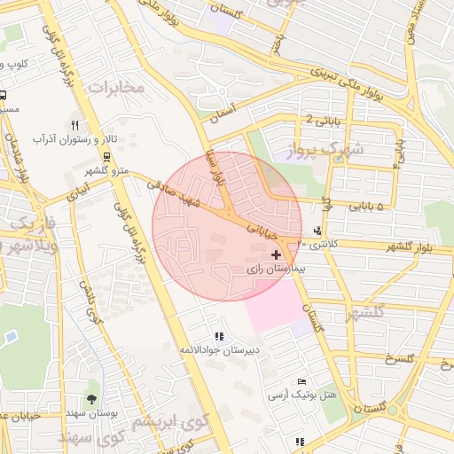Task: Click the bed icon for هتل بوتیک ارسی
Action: [301, 381]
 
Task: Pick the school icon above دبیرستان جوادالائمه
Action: [218, 336]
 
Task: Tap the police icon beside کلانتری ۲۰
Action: [317, 231]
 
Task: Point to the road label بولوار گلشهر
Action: [419, 246]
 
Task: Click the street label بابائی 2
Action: [322, 119]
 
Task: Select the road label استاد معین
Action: [435, 25]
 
